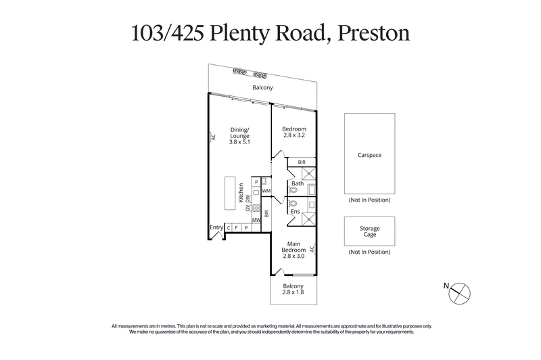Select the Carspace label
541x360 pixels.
[x=370, y=155]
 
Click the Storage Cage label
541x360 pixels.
[x=370, y=232]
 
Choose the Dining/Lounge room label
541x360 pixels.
[x=241, y=133]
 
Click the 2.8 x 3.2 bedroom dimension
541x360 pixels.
[x=295, y=135]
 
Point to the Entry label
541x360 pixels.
[x=216, y=227]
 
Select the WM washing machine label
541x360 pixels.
[x=266, y=192]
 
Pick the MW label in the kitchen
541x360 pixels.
[x=256, y=220]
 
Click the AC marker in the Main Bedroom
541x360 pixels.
[x=313, y=248]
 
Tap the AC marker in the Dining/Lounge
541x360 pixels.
[x=212, y=137]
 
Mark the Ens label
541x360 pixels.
[x=296, y=212]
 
